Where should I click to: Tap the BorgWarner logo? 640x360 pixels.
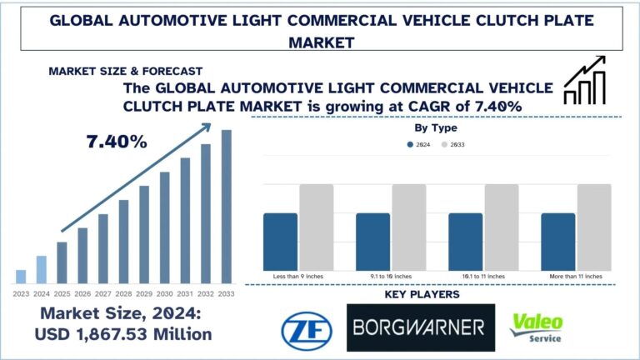coord(421,327)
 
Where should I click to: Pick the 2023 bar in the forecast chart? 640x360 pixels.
coord(21,277)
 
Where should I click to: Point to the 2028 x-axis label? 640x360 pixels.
coord(123,292)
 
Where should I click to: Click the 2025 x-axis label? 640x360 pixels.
coord(62,292)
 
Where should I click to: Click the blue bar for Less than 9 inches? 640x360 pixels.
coord(280,240)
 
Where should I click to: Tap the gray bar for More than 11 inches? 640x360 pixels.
coord(593,225)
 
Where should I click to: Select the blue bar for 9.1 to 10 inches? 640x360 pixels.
coord(372,240)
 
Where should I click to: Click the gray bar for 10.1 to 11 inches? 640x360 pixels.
coord(501,225)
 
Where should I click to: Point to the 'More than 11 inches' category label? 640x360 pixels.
coord(576,274)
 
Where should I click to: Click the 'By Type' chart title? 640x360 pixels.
coord(436,128)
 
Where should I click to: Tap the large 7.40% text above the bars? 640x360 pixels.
coord(117,142)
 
